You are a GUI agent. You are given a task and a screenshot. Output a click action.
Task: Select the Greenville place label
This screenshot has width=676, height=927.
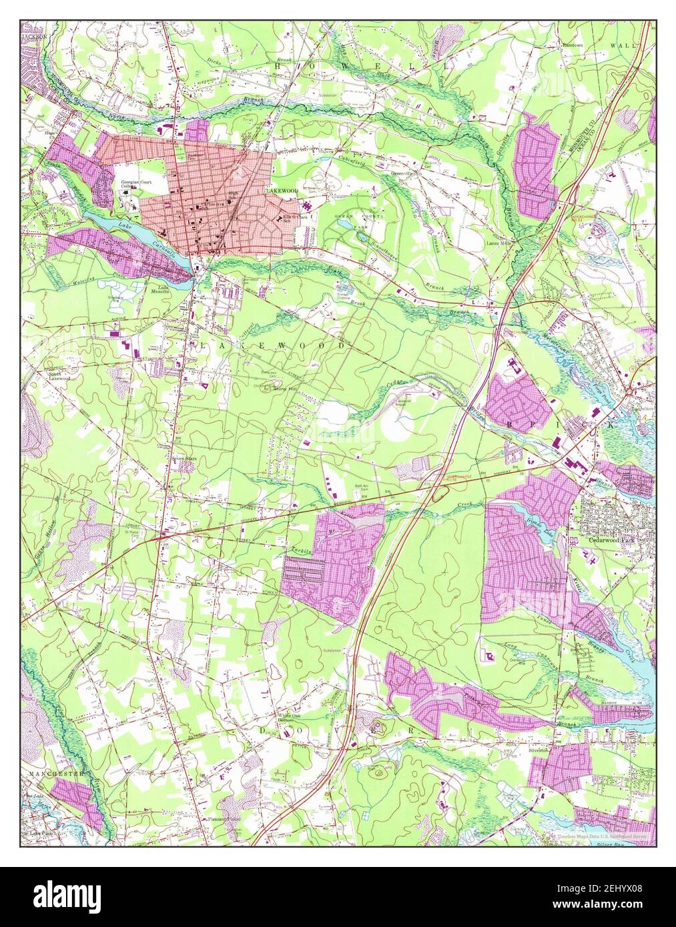404,171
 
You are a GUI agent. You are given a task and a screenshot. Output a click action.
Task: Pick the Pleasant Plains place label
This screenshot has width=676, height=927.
223,819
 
